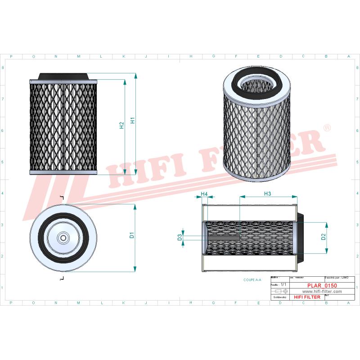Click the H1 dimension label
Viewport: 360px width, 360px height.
133,121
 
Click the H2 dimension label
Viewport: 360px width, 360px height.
121,126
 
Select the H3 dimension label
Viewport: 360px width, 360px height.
267,193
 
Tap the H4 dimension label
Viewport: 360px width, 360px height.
204,194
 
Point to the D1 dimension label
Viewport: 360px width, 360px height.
132,234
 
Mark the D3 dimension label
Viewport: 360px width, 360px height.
180,237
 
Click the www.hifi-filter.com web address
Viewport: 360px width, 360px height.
319,291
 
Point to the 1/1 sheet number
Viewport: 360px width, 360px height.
283,285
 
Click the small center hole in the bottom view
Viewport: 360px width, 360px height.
63,238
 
